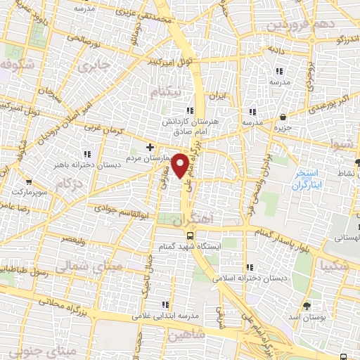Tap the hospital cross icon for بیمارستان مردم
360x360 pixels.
coord(149,147)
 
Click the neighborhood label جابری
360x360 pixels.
coord(95,68)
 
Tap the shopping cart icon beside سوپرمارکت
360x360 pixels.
coord(27,179)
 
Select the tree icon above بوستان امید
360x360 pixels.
coord(306,305)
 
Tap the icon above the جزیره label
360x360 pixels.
coord(283,117)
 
